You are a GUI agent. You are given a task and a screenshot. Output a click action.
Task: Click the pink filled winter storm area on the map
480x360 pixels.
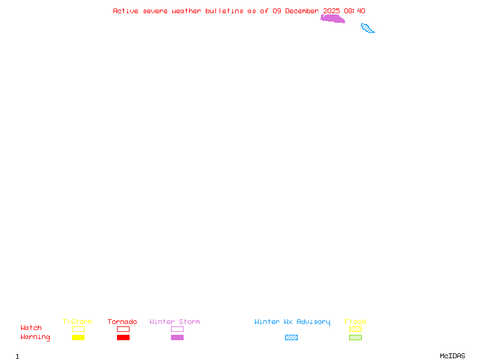click(x=332, y=19)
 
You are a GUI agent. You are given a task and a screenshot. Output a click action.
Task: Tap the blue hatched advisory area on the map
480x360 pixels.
click(x=368, y=28)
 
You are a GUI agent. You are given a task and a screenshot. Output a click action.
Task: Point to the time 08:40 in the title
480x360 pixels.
click(x=355, y=11)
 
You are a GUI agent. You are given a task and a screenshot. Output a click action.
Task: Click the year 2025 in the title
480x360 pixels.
click(x=331, y=11)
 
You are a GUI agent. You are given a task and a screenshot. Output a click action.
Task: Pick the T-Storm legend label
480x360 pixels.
click(x=77, y=322)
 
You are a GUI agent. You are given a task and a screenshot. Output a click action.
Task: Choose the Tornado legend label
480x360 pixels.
click(x=122, y=322)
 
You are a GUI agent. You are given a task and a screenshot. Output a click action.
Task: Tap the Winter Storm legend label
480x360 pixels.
click(x=175, y=322)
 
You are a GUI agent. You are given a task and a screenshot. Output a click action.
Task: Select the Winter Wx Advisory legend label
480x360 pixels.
click(x=292, y=322)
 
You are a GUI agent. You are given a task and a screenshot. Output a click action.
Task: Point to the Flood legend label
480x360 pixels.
click(x=355, y=322)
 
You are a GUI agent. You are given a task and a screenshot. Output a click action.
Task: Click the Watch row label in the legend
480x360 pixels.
click(x=31, y=328)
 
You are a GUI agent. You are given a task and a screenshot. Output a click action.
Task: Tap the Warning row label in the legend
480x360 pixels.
click(x=35, y=337)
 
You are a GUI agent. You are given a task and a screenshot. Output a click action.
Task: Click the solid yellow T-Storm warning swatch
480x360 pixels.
click(x=78, y=338)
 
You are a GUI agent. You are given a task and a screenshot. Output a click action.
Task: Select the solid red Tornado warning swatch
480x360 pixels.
click(x=123, y=338)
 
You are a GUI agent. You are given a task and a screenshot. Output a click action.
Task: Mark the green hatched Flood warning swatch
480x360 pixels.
click(x=355, y=338)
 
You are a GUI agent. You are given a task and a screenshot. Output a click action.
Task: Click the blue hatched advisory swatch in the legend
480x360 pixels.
click(x=291, y=338)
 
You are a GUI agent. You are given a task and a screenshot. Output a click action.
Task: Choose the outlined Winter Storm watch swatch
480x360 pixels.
click(x=177, y=329)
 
